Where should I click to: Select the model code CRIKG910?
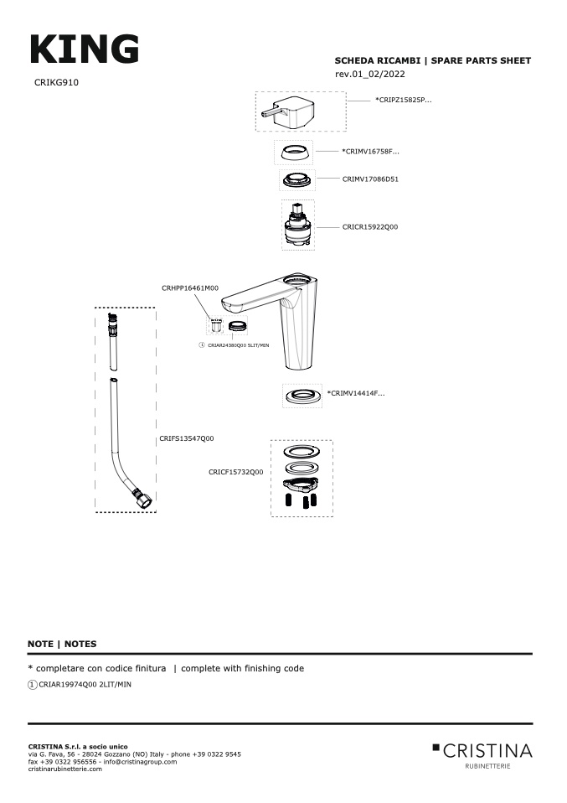click(x=57, y=83)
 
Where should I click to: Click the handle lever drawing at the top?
click(x=289, y=111)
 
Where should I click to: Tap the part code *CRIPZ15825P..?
click(x=403, y=100)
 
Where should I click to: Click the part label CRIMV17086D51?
click(x=370, y=179)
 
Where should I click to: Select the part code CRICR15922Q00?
click(x=370, y=227)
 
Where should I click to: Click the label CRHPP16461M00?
click(x=189, y=288)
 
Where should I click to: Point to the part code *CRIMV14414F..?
click(x=356, y=392)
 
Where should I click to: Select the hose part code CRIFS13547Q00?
click(x=187, y=438)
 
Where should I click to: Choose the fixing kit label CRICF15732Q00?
click(x=236, y=472)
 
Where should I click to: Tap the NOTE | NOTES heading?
click(x=62, y=644)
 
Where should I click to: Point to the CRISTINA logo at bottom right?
click(x=482, y=751)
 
